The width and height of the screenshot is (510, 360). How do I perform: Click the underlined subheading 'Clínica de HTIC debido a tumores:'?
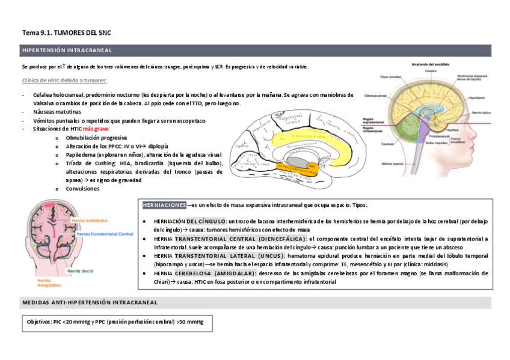pyautogui.click(x=64, y=81)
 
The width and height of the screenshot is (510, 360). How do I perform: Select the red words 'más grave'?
pyautogui.click(x=97, y=129)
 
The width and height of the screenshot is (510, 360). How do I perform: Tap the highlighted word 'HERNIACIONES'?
pyautogui.click(x=164, y=205)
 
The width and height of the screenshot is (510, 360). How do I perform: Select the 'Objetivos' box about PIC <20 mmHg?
pyautogui.click(x=116, y=323)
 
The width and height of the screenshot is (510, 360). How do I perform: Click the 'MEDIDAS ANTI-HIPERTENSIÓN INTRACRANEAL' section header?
pyautogui.click(x=89, y=302)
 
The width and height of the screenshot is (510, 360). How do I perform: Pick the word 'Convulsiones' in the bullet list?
pyautogui.click(x=82, y=188)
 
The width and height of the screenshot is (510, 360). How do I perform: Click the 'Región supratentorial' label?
pyautogui.click(x=374, y=121)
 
